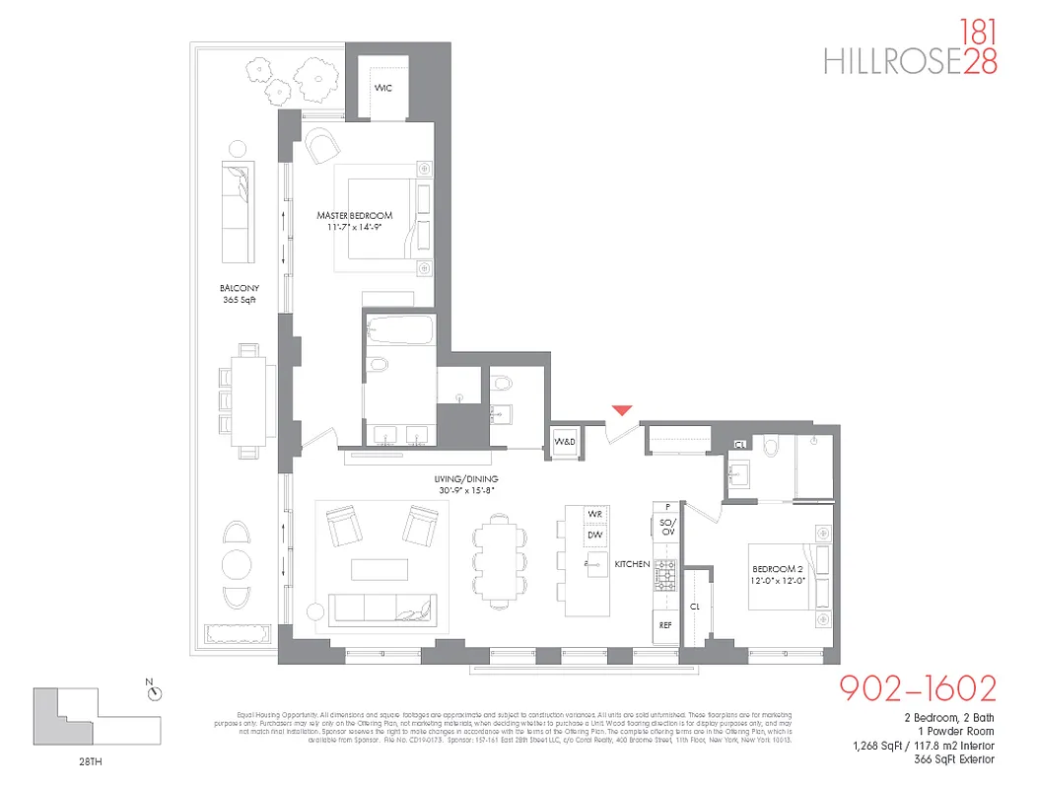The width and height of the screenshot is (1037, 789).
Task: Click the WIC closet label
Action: [383, 89]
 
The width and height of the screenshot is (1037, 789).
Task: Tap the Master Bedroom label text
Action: [354, 215]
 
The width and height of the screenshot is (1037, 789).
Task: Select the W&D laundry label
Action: [564, 441]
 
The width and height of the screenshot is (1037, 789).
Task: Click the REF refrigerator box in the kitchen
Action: [666, 625]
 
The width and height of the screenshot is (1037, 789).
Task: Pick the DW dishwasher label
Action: [594, 535]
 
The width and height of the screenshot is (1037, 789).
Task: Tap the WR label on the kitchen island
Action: [594, 515]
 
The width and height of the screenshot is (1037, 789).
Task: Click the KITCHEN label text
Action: [632, 564]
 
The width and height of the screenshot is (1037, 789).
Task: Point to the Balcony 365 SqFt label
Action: [239, 294]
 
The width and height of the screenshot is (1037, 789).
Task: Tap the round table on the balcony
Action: [238, 564]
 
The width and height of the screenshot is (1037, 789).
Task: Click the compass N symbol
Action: [154, 692]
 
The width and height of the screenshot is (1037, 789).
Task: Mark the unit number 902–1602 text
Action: [917, 687]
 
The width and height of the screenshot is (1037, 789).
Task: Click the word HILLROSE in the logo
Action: [892, 61]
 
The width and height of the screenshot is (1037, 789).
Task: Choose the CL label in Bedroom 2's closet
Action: [694, 607]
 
